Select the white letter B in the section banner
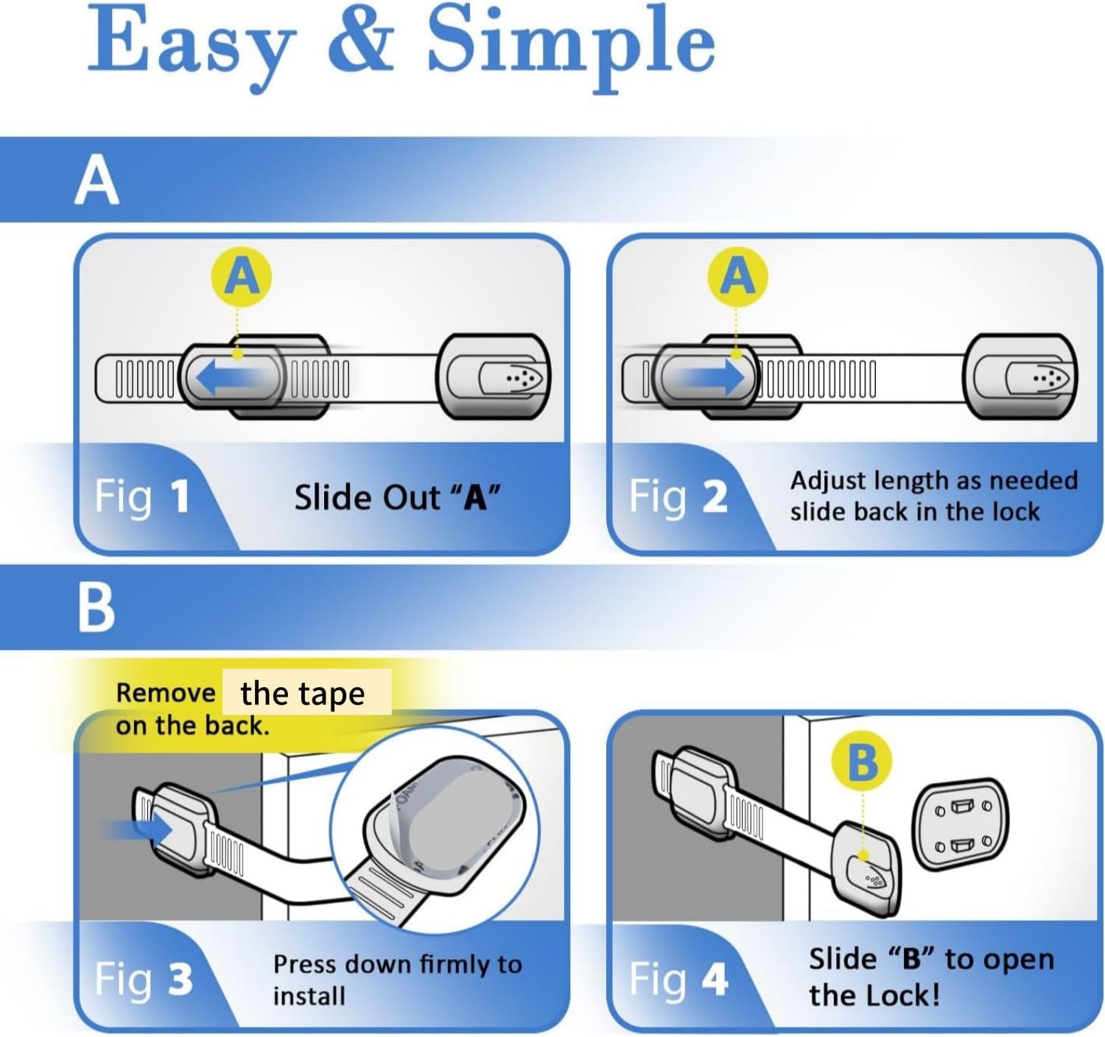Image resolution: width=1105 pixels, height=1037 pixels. pyautogui.click(x=97, y=608)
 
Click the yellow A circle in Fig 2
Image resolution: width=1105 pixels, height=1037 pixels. pyautogui.click(x=737, y=277)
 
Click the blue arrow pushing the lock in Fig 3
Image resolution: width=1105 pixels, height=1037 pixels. pyautogui.click(x=140, y=831)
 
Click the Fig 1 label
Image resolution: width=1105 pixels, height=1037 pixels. pyautogui.click(x=142, y=496)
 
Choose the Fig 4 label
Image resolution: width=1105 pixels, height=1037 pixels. pyautogui.click(x=678, y=980)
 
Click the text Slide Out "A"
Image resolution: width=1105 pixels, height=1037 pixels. pyautogui.click(x=397, y=498)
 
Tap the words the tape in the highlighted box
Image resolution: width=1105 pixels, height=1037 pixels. pyautogui.click(x=303, y=693)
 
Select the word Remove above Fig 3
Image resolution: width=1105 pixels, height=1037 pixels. pyautogui.click(x=165, y=693)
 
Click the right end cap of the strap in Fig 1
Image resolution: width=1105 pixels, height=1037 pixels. pyautogui.click(x=494, y=377)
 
